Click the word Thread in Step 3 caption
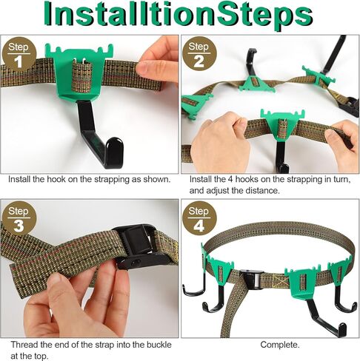24,345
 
